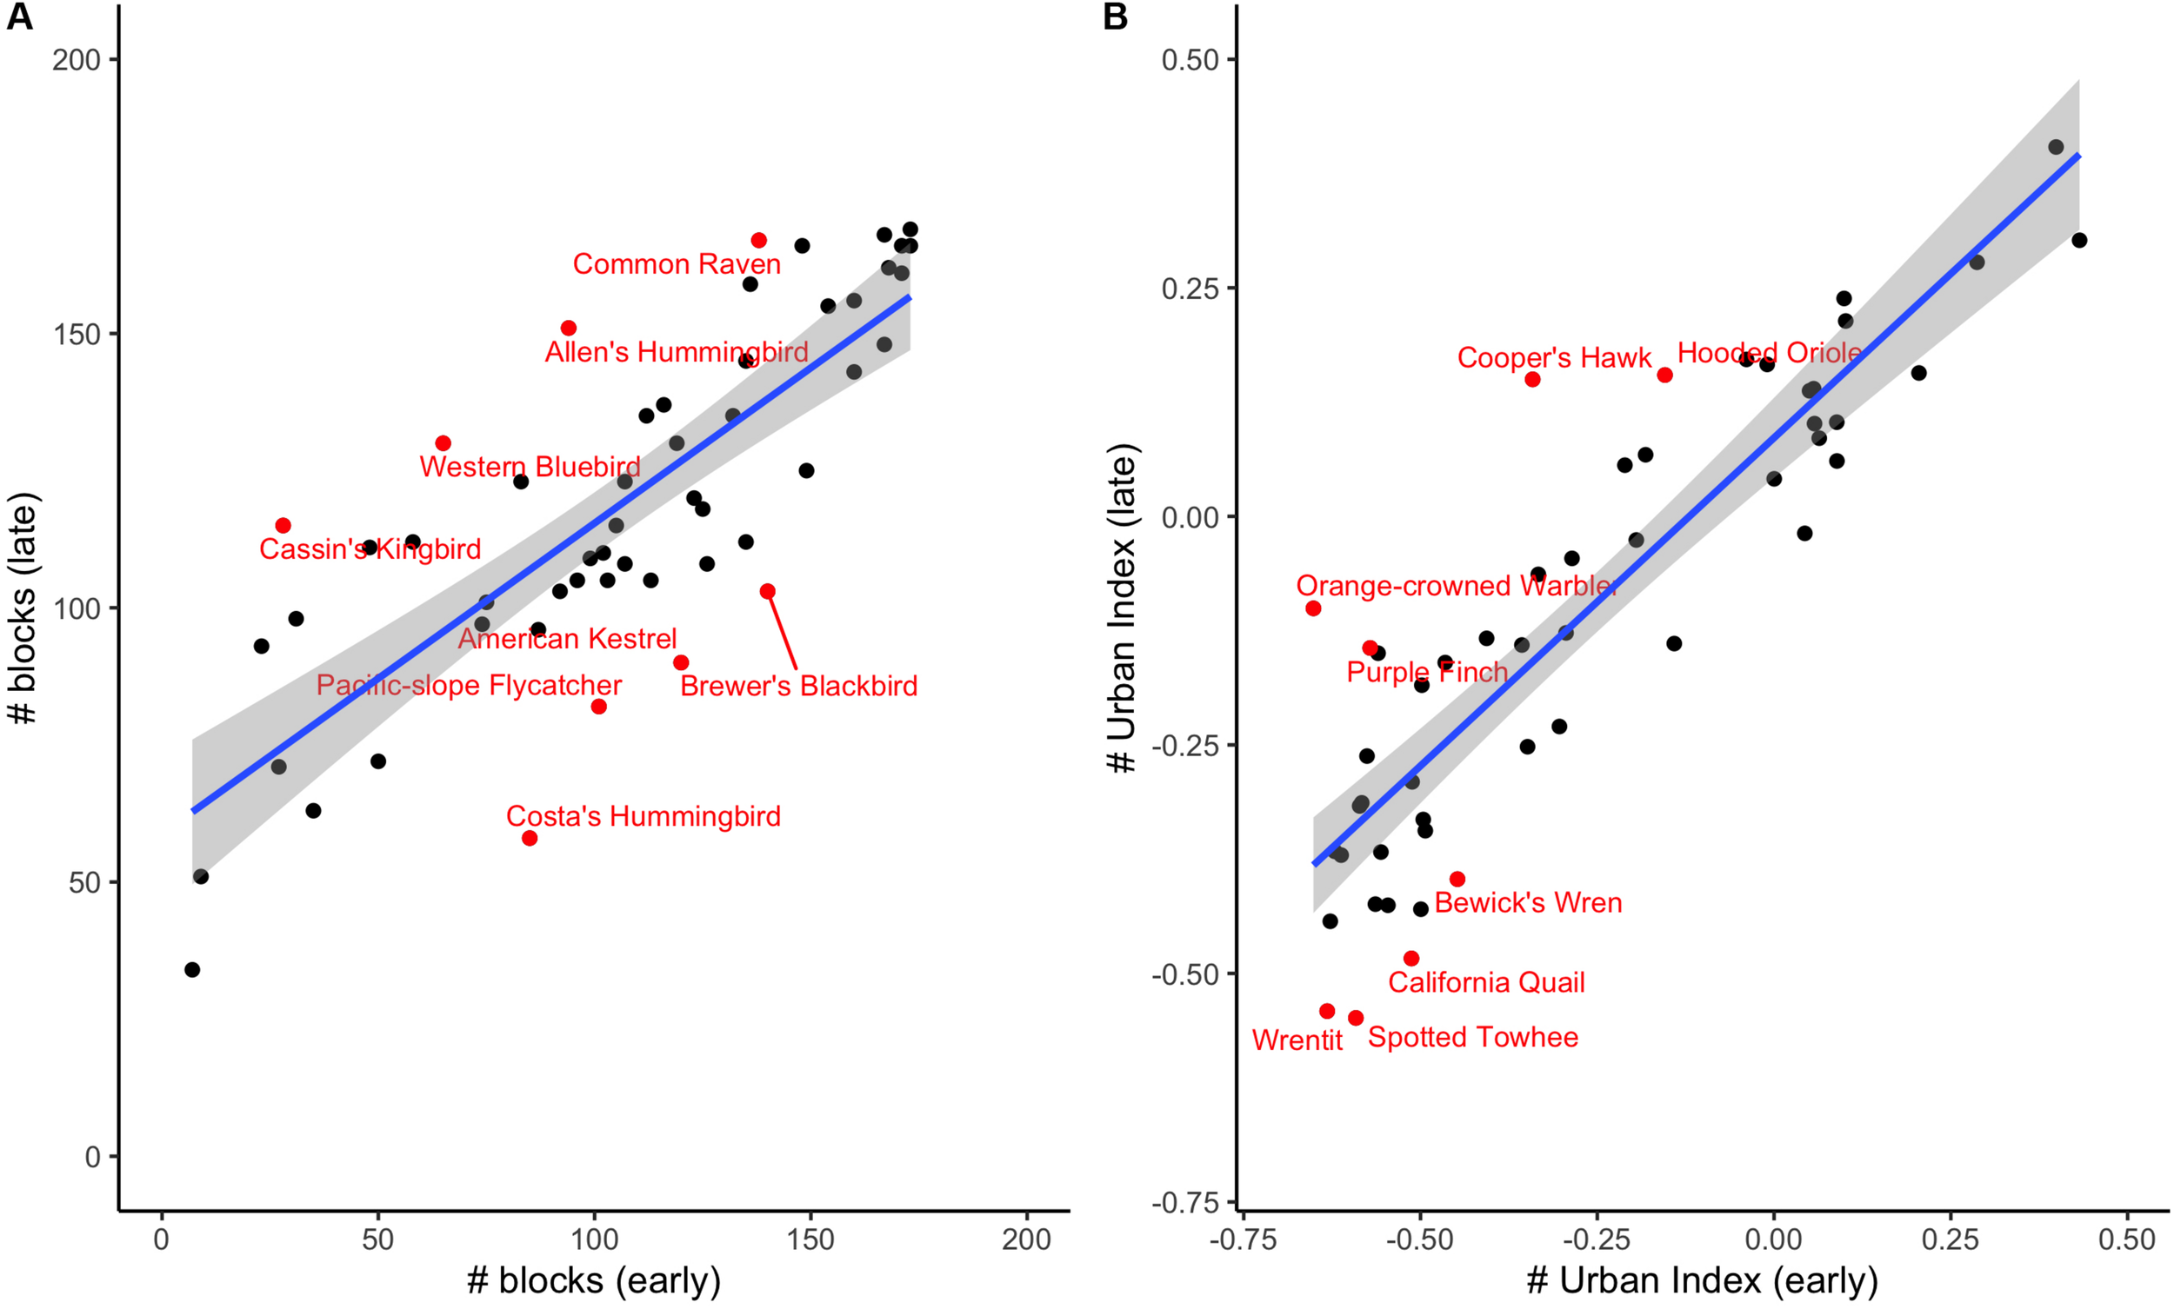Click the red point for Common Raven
click(x=759, y=240)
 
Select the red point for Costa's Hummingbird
click(x=530, y=838)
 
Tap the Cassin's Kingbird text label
click(x=370, y=549)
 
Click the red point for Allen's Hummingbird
click(x=568, y=329)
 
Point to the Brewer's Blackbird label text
click(x=798, y=687)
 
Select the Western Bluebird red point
click(x=443, y=442)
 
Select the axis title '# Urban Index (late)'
click(x=1123, y=608)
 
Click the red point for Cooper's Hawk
click(x=1532, y=379)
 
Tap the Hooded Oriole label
click(x=1769, y=353)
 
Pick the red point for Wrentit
click(x=1327, y=1011)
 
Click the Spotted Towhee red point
click(x=1356, y=1018)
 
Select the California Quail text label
click(x=1486, y=983)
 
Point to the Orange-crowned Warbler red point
click(x=1313, y=608)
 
